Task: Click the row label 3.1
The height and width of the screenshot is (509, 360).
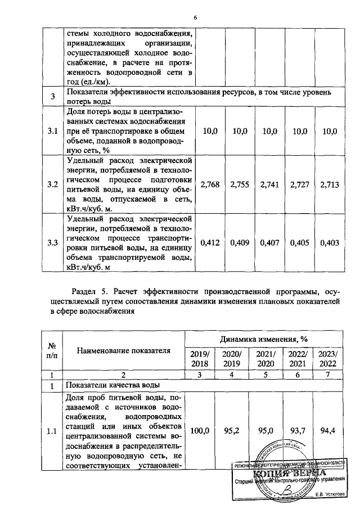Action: [52, 131]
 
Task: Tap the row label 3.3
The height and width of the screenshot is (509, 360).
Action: [52, 244]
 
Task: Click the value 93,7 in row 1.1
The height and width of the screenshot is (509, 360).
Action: [295, 431]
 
